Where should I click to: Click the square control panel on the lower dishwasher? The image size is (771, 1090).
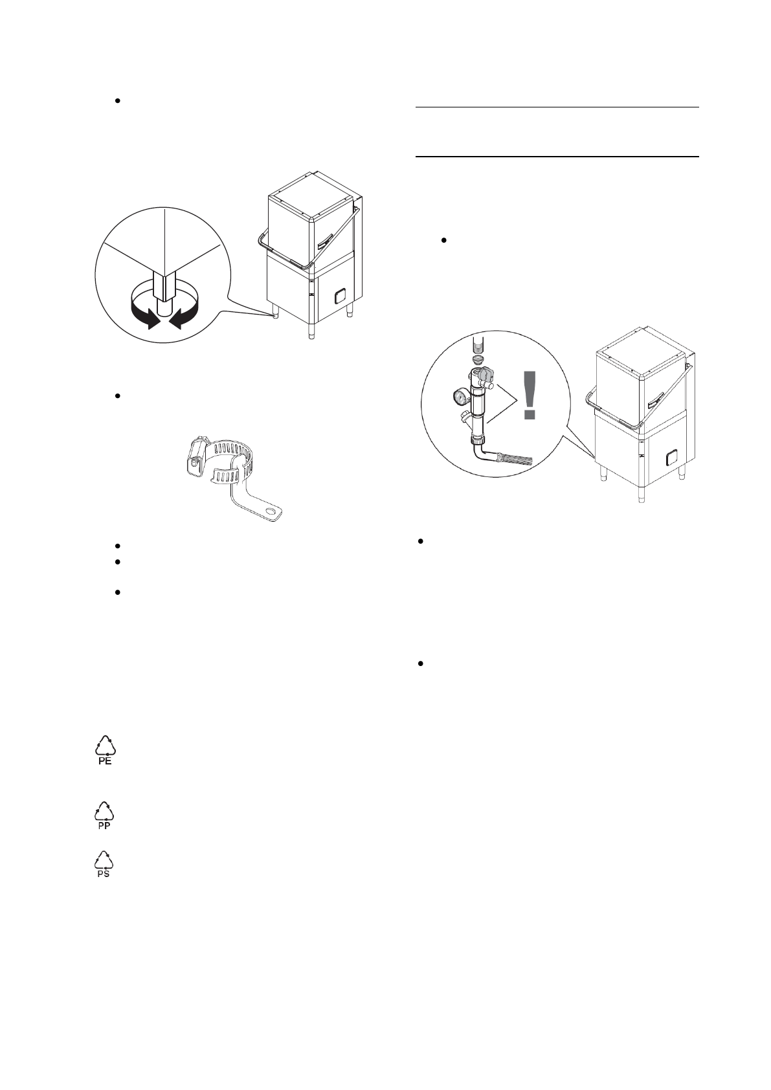tap(671, 458)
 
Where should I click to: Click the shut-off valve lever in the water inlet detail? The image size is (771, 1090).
tap(486, 375)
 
